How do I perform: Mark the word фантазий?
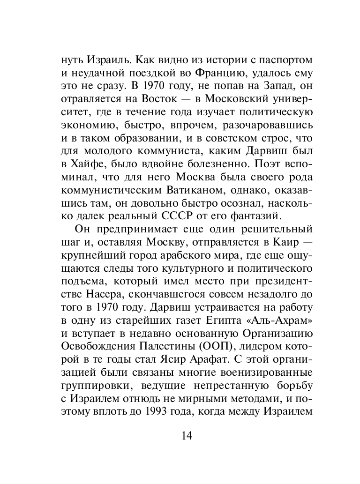pos(253,216)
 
